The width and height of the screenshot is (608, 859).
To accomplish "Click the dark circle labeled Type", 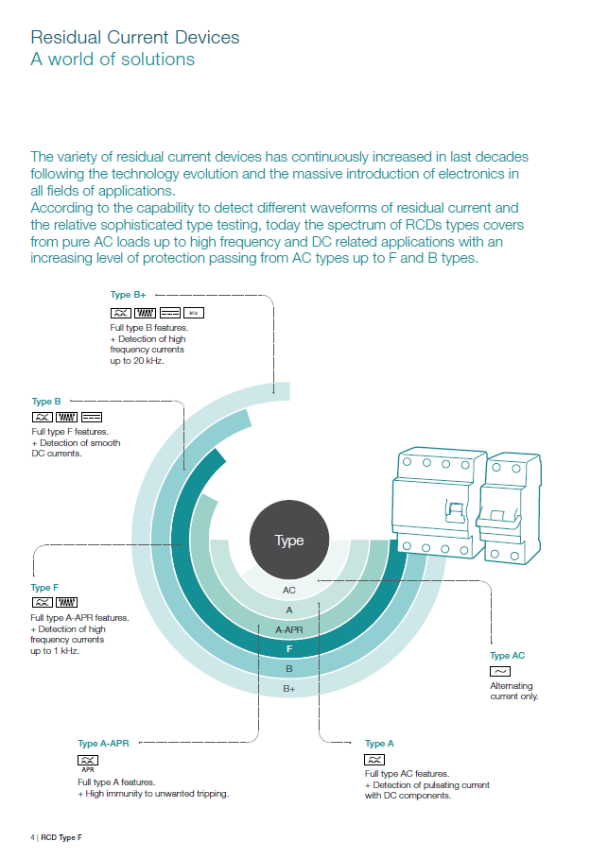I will point(289,541).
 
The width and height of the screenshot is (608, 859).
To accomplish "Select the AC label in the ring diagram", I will point(289,590).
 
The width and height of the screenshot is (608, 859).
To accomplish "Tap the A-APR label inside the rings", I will point(289,629).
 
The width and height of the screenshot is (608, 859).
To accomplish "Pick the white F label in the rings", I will point(289,649).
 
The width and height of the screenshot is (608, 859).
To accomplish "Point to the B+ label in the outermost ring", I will point(289,689).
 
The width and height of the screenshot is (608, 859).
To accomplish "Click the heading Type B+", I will point(128,295).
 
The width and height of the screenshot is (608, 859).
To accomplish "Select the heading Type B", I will point(46,402).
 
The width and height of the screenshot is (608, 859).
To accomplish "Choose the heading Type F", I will point(45,588).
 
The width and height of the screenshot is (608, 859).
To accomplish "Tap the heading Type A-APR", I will point(103,744).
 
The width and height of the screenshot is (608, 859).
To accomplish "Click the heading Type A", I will point(381,744).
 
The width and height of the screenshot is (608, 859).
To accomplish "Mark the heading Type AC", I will point(507,656).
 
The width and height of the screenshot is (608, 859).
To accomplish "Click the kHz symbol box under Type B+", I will point(193,311).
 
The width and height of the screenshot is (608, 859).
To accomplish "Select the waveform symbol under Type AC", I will point(499,671).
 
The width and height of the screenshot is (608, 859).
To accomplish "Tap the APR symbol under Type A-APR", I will point(88,761).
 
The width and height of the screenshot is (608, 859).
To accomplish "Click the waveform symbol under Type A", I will point(375,759).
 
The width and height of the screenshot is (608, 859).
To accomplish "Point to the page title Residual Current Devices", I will point(135,38).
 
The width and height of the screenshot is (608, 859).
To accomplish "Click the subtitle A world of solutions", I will point(113,60).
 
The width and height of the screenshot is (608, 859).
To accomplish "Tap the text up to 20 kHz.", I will point(138,360).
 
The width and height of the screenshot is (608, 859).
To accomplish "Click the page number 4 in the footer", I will point(32,837).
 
